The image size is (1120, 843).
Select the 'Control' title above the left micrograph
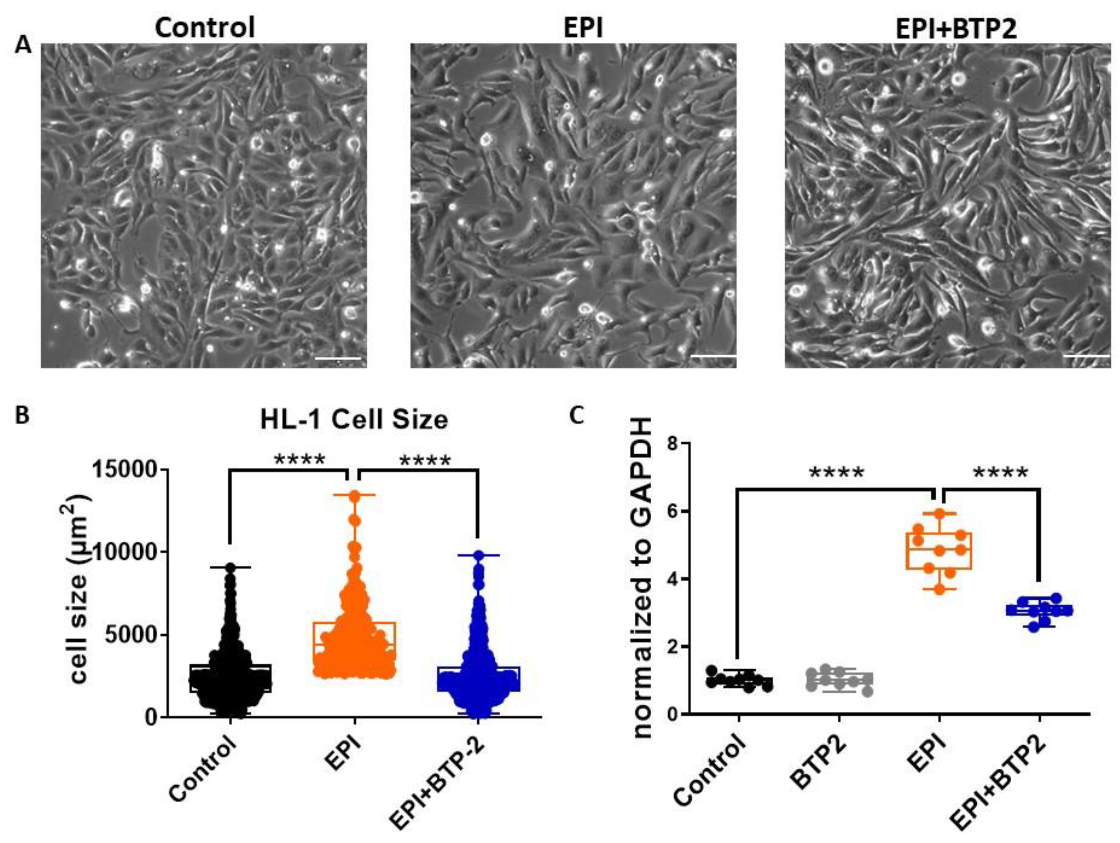click(205, 27)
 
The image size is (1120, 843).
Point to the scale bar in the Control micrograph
click(338, 359)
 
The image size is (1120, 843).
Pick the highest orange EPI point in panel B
click(354, 495)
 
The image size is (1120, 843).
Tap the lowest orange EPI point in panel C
click(940, 589)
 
